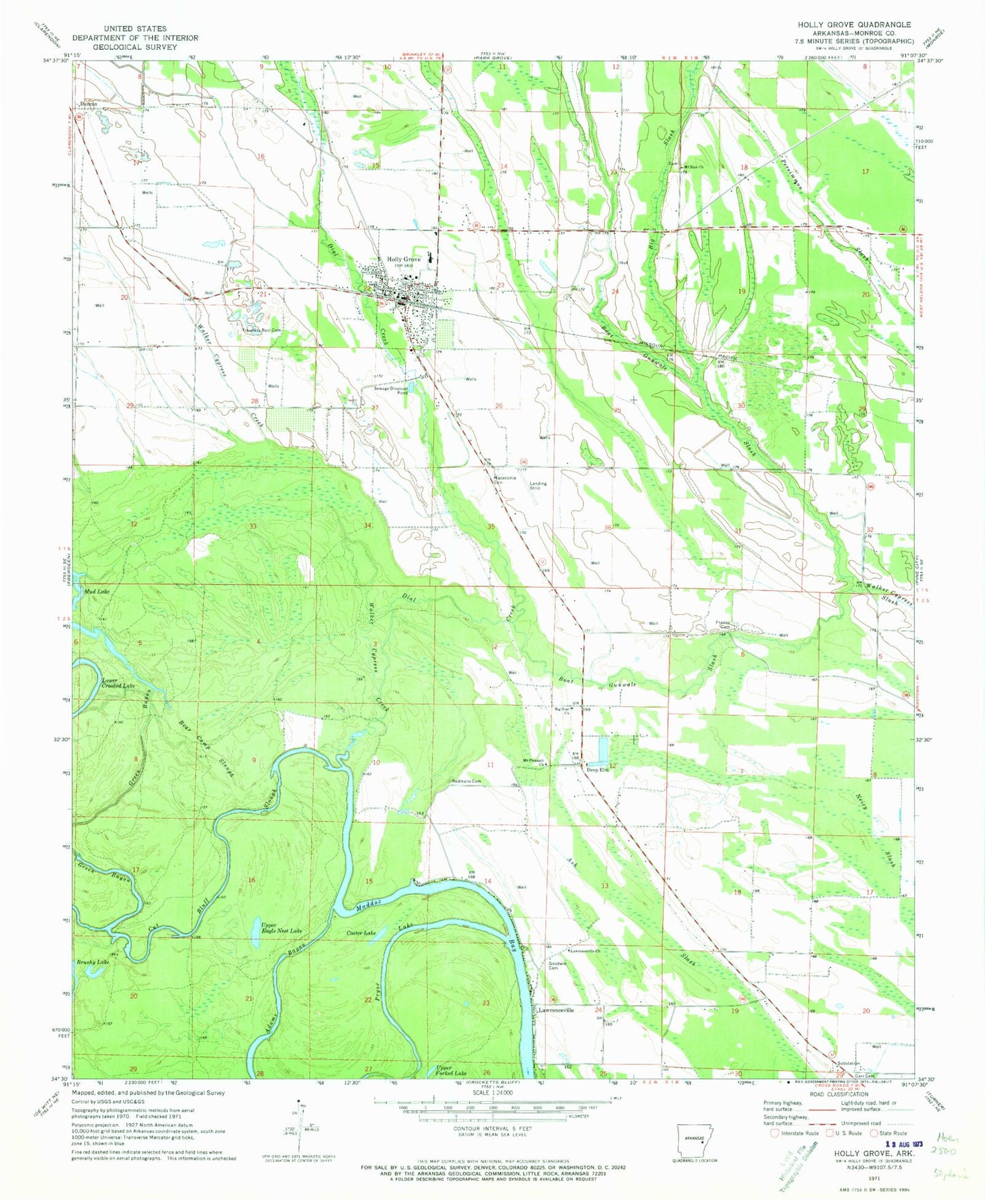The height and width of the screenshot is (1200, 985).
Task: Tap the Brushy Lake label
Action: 93,962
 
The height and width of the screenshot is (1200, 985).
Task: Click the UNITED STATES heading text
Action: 135,29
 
